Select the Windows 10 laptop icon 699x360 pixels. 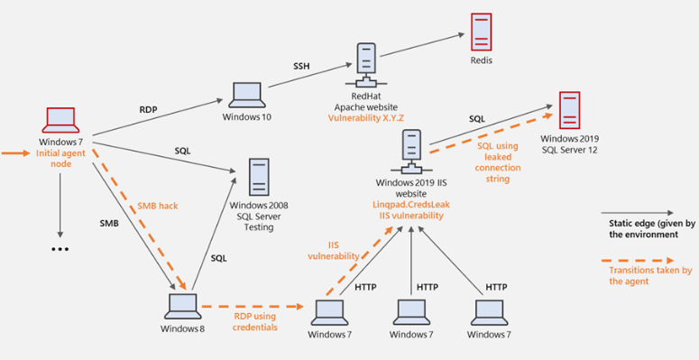point(244,95)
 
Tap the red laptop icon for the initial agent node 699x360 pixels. point(60,120)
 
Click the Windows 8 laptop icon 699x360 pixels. point(182,307)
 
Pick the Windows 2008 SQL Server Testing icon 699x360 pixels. point(259,177)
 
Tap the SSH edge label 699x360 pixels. point(301,67)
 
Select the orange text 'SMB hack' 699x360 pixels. point(158,206)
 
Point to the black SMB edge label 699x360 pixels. point(109,224)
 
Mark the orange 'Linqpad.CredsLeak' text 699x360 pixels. point(411,205)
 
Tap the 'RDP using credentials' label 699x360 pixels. point(255,321)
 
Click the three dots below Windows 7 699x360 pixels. point(60,249)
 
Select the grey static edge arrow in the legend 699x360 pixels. point(638,214)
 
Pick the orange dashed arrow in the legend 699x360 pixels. point(638,260)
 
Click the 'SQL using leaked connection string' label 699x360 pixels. point(498,162)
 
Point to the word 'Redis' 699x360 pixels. point(482,60)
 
